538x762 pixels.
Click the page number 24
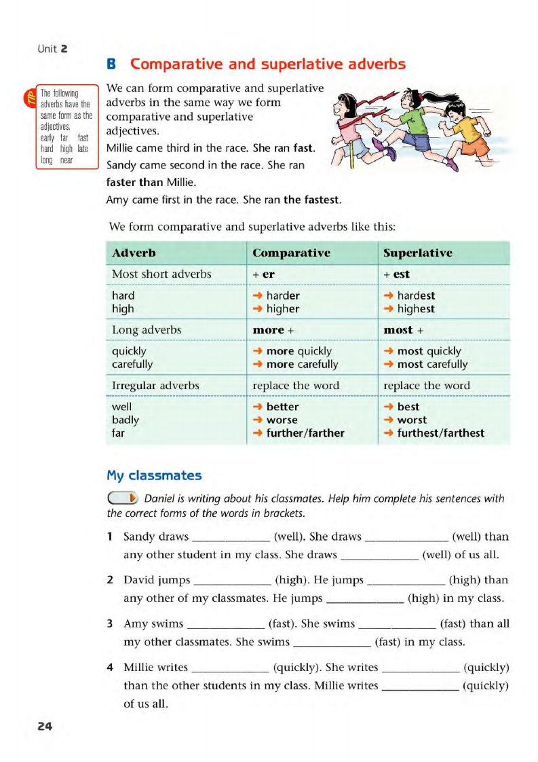pyautogui.click(x=45, y=726)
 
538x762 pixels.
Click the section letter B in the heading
pyautogui.click(x=113, y=65)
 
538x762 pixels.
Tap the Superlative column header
pyautogui.click(x=417, y=253)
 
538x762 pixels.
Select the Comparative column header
pyautogui.click(x=291, y=253)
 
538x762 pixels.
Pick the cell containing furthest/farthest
pyautogui.click(x=440, y=433)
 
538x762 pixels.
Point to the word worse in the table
pyautogui.click(x=282, y=420)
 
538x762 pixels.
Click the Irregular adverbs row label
pyautogui.click(x=155, y=386)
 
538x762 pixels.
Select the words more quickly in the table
pyautogui.click(x=299, y=351)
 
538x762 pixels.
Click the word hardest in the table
pyautogui.click(x=415, y=295)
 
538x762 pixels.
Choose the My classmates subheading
pyautogui.click(x=154, y=475)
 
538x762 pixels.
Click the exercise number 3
pyautogui.click(x=110, y=623)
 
